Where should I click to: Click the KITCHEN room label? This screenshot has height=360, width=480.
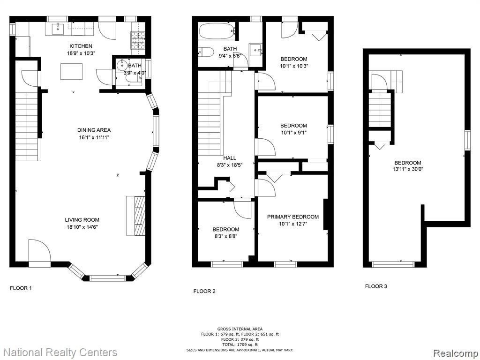[x=81, y=46]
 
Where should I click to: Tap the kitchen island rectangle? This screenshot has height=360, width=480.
[x=71, y=71]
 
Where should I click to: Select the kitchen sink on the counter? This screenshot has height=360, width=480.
[x=58, y=29]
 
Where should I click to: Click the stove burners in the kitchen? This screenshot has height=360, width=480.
[x=138, y=40]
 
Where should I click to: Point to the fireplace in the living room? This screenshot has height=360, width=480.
[x=136, y=216]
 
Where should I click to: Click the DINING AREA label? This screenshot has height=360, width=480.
[x=94, y=130]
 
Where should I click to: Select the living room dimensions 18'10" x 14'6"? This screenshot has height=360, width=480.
[x=82, y=227]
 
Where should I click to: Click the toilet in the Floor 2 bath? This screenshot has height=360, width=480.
[x=206, y=52]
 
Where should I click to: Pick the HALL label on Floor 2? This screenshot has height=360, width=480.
[x=230, y=158]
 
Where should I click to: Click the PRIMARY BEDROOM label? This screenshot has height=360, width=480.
[x=293, y=217]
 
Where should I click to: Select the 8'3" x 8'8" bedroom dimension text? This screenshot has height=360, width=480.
[x=226, y=236]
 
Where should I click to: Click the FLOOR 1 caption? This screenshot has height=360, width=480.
[x=21, y=288]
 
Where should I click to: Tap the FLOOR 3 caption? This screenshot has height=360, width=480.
[x=376, y=286]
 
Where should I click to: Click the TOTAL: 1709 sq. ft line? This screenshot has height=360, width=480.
[x=240, y=345]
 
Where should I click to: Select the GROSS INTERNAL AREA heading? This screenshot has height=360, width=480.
[x=240, y=329]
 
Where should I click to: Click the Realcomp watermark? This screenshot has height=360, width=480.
[x=456, y=353]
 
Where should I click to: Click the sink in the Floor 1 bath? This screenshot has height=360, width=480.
[x=122, y=65]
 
